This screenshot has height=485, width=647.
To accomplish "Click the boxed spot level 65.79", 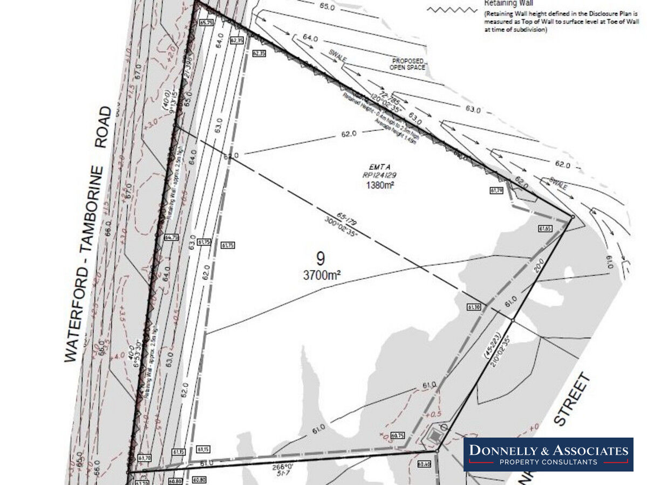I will tap(206, 23).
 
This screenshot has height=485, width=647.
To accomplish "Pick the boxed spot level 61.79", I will tap(496, 190).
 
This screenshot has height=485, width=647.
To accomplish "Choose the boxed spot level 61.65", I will tap(545, 228).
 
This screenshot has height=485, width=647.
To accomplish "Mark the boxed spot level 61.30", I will tap(473, 307).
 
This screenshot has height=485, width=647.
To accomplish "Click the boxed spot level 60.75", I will tap(398, 435).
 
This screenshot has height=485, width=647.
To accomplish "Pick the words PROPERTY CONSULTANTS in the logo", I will tap(548, 462).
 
